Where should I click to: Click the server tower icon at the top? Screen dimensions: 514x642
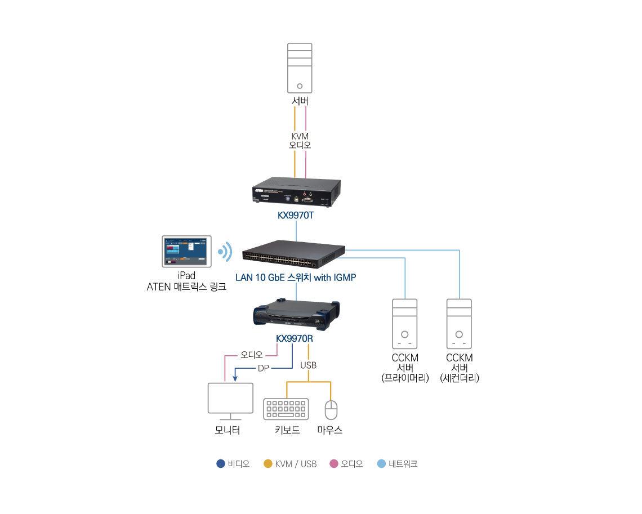pos(299,68)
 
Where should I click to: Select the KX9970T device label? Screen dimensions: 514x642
pos(296,215)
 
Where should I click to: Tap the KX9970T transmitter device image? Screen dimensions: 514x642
pos(297,191)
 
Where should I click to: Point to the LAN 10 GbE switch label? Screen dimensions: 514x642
pos(295,278)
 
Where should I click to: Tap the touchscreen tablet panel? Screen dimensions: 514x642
pos(186,251)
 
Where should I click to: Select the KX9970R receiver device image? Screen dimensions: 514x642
pos(296,314)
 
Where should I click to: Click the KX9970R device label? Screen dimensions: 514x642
pos(295,339)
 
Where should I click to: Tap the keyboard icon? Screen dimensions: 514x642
pos(286,409)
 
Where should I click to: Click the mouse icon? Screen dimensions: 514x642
pos(331,409)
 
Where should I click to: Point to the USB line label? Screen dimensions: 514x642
pos(308,365)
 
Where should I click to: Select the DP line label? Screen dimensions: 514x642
pos(264,368)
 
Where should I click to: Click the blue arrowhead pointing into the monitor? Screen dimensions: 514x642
pos(235,378)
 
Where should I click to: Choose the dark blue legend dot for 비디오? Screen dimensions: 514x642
pos(221,464)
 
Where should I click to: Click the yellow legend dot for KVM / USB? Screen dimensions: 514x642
pos(268,464)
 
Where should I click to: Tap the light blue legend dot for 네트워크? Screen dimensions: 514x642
pos(381,464)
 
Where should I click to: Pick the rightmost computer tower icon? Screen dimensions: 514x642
pos(459,324)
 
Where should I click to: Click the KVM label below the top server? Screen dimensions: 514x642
pos(300,136)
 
